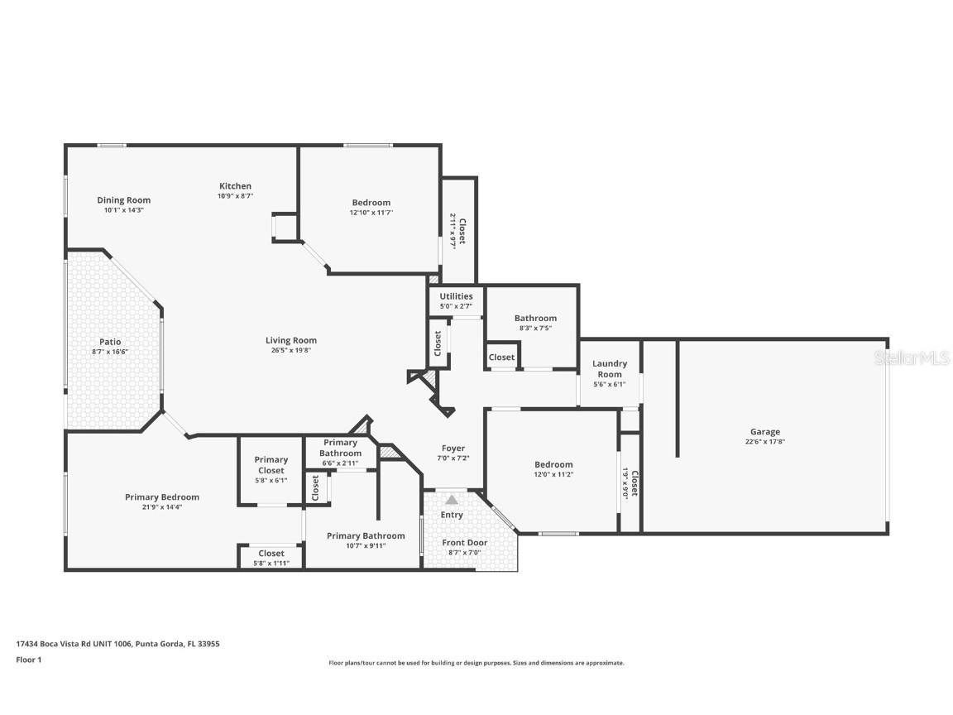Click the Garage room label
764,431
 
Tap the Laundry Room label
610,368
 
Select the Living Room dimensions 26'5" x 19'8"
290,350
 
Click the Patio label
110,341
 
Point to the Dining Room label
124,199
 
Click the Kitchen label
235,185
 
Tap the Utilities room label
456,295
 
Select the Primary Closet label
271,464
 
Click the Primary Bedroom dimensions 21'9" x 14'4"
162,507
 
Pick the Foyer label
453,448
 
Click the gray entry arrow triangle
452,500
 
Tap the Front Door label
464,543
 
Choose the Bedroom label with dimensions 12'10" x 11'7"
371,202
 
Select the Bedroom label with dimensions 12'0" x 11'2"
553,464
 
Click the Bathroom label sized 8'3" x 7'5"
535,318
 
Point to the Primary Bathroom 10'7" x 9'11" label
366,535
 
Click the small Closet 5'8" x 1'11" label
271,553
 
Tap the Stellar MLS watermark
915,357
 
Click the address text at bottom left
117,643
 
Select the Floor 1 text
28,660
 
